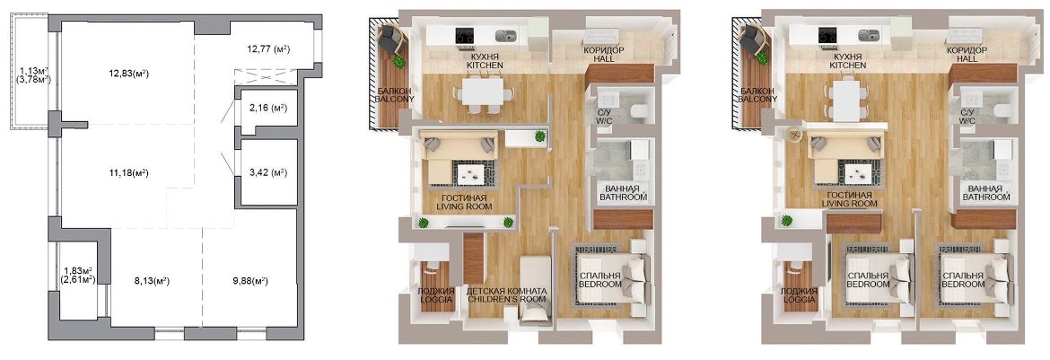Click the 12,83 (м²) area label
coord(121,74)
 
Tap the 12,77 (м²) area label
coord(268,48)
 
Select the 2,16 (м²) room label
coord(267,107)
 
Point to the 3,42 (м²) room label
coord(267,172)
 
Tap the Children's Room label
coord(505,295)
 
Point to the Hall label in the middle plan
coord(603,54)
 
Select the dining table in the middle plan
coord(482,91)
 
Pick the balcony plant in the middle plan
coord(399,62)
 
